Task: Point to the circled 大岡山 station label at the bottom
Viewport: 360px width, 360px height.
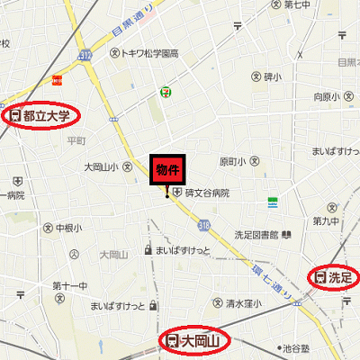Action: (194, 340)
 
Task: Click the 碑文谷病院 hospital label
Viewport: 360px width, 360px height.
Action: (207, 193)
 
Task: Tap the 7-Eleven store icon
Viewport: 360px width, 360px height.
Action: (165, 91)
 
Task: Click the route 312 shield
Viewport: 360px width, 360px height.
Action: (85, 56)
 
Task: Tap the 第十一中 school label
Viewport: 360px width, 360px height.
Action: (69, 286)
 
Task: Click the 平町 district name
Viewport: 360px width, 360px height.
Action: (76, 140)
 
